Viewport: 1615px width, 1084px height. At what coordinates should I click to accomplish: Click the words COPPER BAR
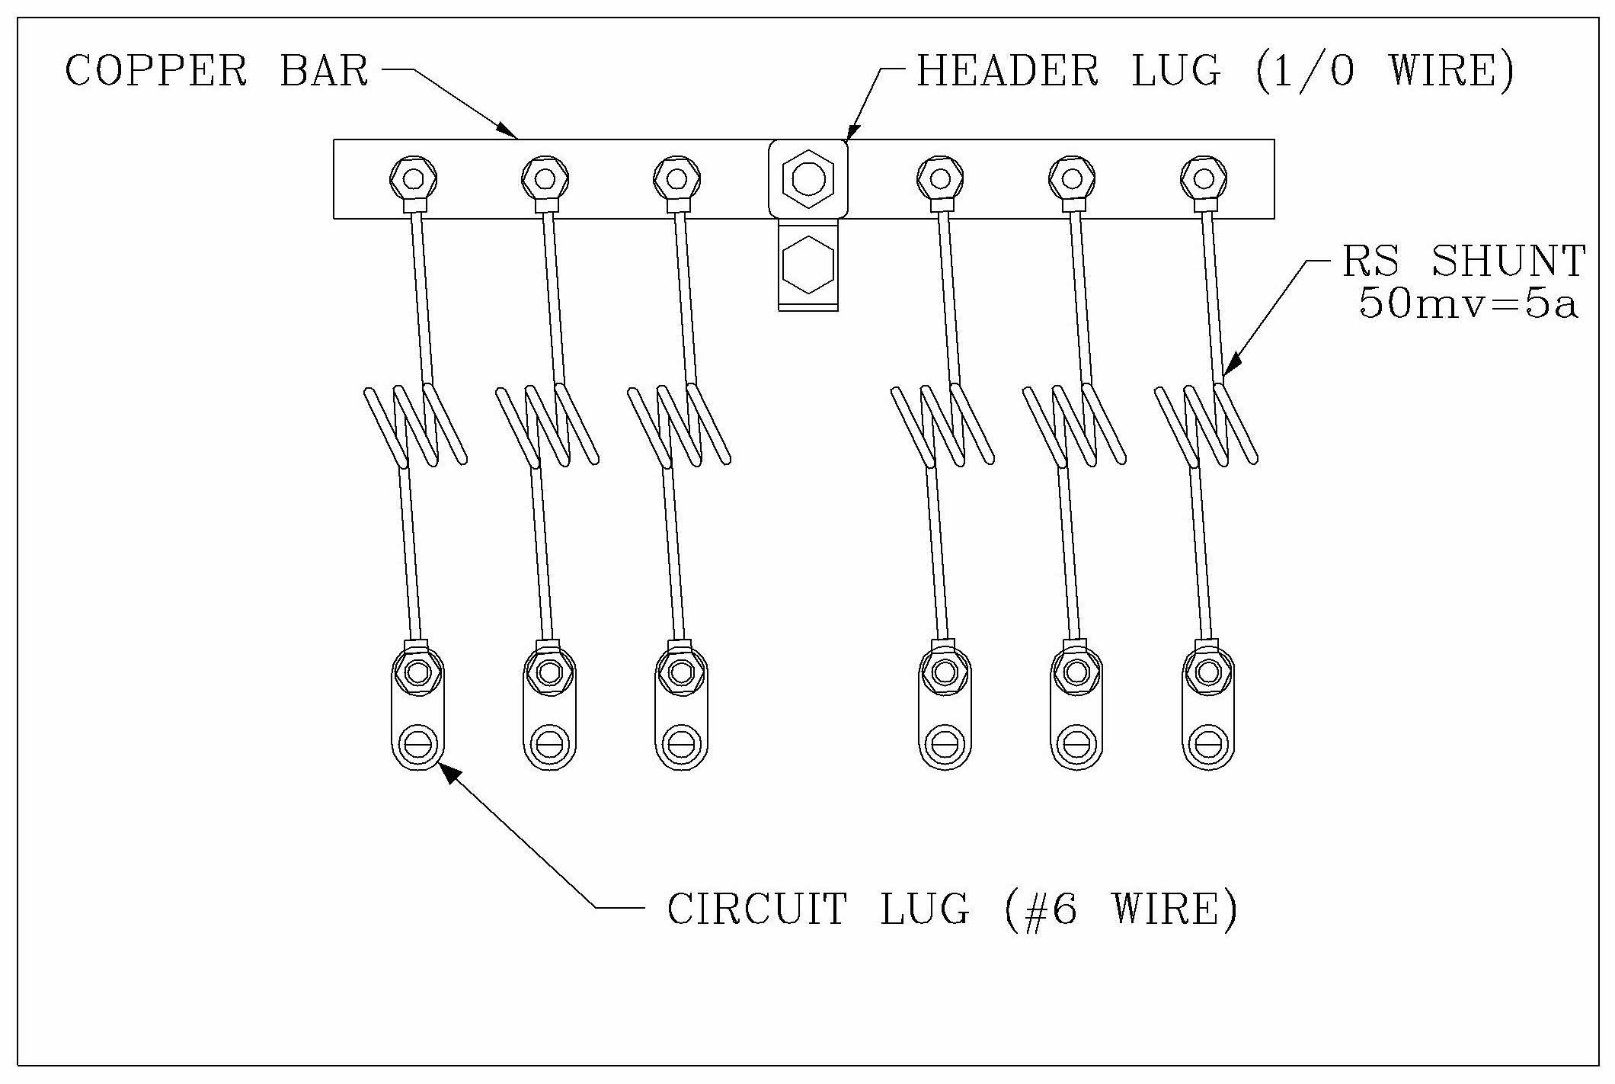pos(217,71)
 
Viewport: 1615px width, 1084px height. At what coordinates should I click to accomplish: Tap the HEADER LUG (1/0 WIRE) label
pos(1215,71)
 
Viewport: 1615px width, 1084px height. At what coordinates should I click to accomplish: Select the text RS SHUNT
pos(1463,261)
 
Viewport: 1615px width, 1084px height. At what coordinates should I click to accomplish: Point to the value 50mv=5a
pos(1467,304)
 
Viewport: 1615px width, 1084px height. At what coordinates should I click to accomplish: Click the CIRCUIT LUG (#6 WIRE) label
pos(952,909)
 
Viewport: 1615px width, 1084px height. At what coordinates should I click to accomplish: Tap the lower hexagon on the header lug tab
pos(807,265)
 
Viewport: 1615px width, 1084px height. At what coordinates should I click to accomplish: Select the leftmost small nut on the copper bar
pos(413,179)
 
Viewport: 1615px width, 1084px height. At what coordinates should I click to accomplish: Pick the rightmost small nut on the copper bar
pos(1204,179)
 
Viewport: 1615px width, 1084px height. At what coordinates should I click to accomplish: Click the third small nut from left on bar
pos(676,179)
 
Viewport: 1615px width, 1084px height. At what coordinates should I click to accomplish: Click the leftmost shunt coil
pos(415,427)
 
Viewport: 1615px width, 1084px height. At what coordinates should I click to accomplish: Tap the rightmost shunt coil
pos(1206,427)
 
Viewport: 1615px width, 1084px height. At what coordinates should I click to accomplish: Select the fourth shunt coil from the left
pos(942,427)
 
